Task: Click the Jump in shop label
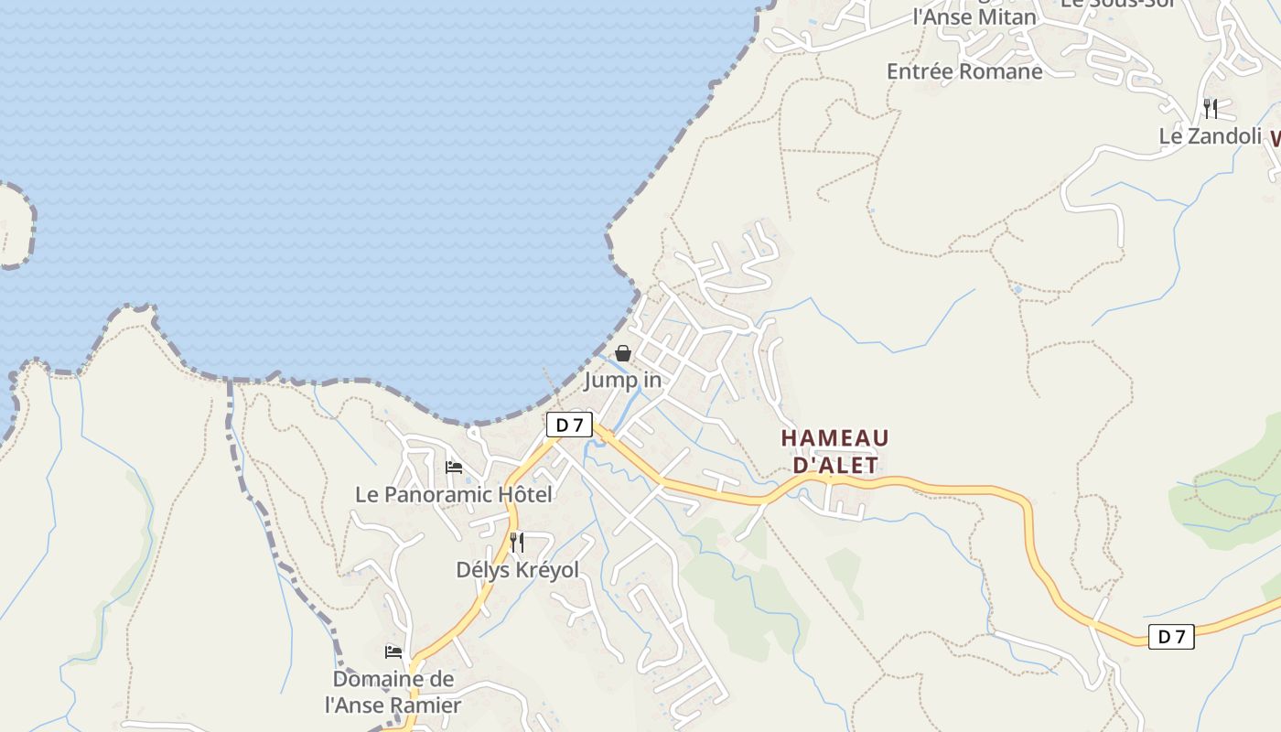pos(622,380)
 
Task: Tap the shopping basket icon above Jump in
pos(623,353)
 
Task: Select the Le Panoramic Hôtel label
pos(453,495)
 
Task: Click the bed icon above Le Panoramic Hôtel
pos(453,468)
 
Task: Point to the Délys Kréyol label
pos(517,570)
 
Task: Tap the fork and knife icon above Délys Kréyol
pos(517,543)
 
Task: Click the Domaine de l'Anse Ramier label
pos(393,692)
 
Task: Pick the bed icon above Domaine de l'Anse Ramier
pos(393,652)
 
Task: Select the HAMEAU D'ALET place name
pos(834,452)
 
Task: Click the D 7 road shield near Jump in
pos(569,425)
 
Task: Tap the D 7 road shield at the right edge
pos(1171,637)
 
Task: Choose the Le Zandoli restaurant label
pos(1210,136)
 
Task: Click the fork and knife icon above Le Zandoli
pos(1211,109)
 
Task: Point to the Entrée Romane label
pos(964,71)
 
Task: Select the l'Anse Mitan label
pos(974,16)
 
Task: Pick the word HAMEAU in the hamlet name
pos(834,439)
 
